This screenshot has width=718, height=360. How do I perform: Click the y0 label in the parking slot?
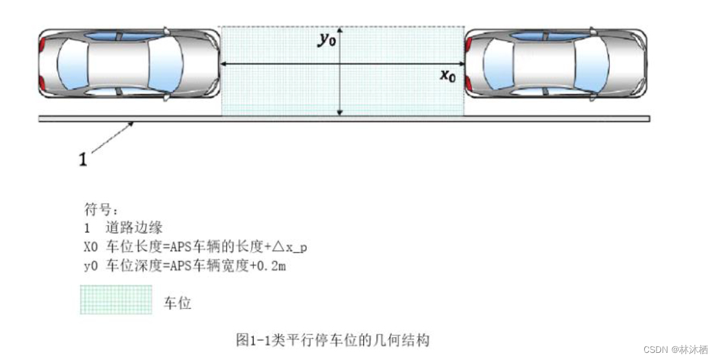pos(326,39)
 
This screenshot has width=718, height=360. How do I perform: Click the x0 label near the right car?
pos(448,76)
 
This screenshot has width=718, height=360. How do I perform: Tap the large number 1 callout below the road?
pos(83,159)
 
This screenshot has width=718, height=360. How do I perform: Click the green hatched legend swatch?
pos(116,300)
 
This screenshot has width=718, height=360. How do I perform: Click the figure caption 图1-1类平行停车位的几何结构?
pos(333,339)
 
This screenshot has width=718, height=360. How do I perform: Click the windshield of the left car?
pos(164,63)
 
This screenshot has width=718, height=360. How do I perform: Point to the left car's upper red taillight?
pos(43,45)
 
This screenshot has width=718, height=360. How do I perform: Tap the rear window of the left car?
pos(70,63)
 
